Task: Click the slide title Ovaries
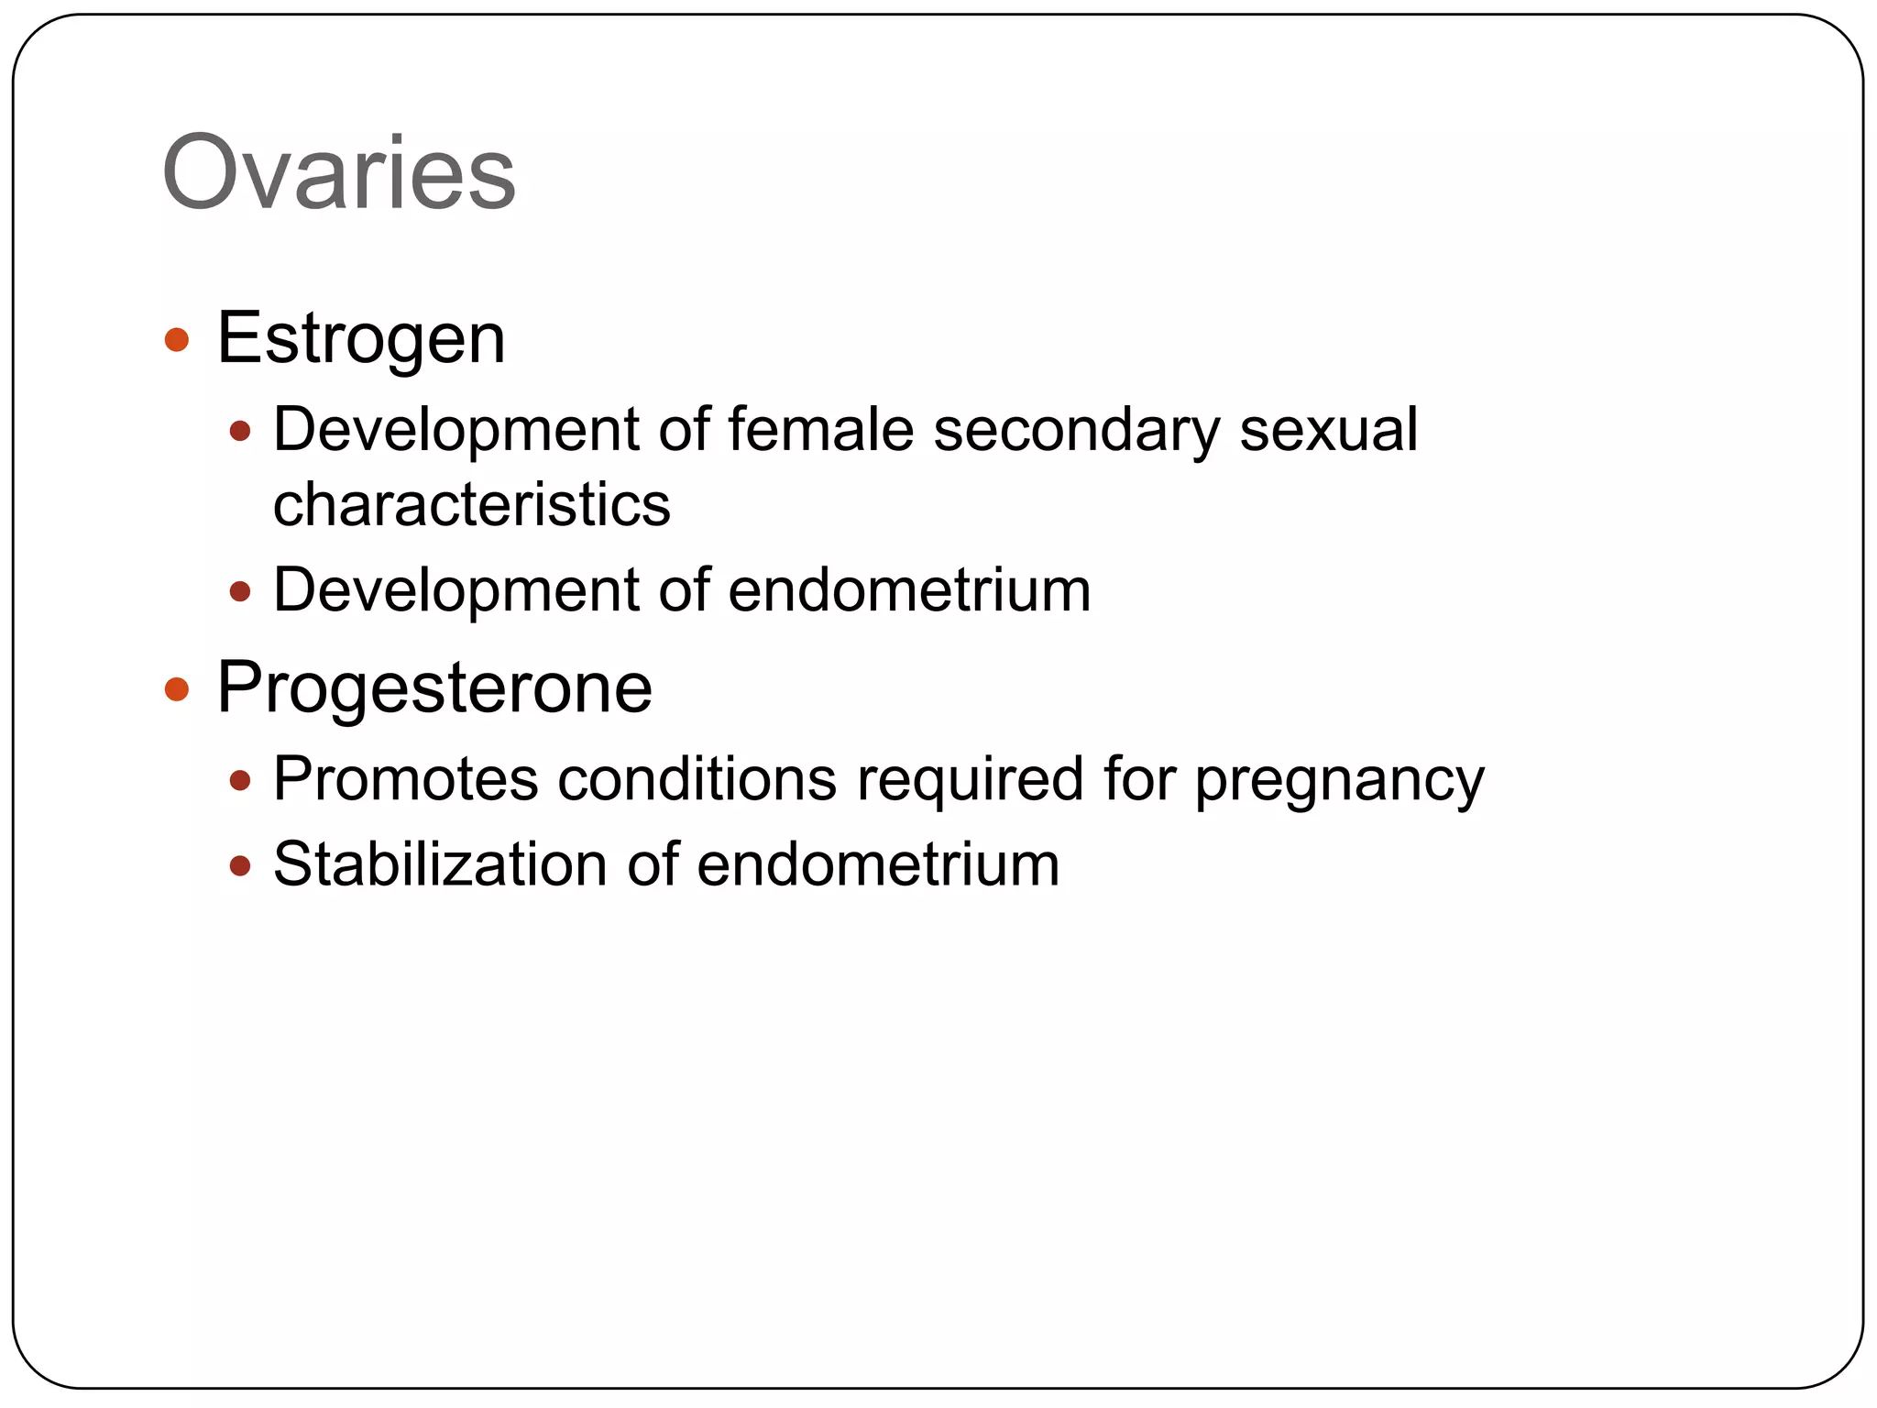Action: pyautogui.click(x=338, y=173)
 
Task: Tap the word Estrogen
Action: pyautogui.click(x=360, y=339)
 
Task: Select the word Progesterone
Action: pyautogui.click(x=434, y=688)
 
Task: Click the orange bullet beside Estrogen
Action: pyautogui.click(x=176, y=340)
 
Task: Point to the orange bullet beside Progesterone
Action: pyautogui.click(x=176, y=689)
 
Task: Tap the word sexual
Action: pyautogui.click(x=1328, y=429)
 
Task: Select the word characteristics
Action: pyautogui.click(x=471, y=504)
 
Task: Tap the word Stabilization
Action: pyautogui.click(x=440, y=864)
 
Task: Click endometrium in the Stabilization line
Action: pyautogui.click(x=877, y=864)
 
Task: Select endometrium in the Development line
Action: pyautogui.click(x=908, y=589)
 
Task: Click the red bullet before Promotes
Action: pyautogui.click(x=240, y=781)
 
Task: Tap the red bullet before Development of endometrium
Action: pyautogui.click(x=240, y=591)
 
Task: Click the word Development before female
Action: pyautogui.click(x=455, y=431)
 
